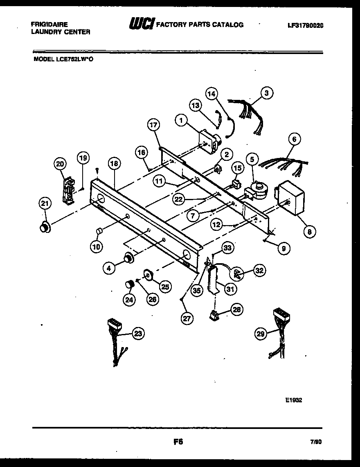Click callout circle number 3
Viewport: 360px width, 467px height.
pyautogui.click(x=266, y=93)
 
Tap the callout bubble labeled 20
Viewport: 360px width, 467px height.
pyautogui.click(x=60, y=164)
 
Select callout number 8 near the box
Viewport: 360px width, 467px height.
pyautogui.click(x=309, y=232)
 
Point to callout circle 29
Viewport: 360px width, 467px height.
pyautogui.click(x=261, y=334)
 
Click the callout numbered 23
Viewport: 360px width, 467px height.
pyautogui.click(x=138, y=334)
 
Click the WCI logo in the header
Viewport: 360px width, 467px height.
pyautogui.click(x=141, y=25)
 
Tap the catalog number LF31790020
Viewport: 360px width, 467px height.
pyautogui.click(x=306, y=25)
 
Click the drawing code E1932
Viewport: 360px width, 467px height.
pyautogui.click(x=293, y=401)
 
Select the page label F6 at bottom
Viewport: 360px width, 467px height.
pyautogui.click(x=178, y=442)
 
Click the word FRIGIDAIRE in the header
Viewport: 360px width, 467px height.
pyautogui.click(x=49, y=25)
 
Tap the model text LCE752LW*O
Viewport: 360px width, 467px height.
pyautogui.click(x=75, y=59)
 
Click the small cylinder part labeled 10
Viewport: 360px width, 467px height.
pyautogui.click(x=99, y=232)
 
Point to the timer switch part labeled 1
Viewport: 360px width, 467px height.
pyautogui.click(x=209, y=142)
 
